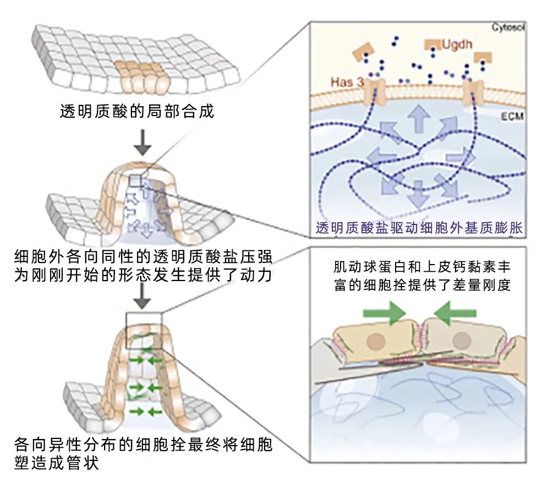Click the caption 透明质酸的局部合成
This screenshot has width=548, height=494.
[136, 112]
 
